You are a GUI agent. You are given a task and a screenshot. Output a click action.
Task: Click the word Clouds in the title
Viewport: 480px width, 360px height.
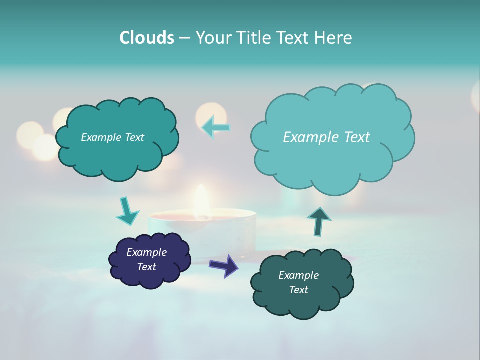(x=146, y=37)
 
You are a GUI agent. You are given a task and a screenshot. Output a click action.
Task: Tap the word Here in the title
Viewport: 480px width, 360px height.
(x=334, y=37)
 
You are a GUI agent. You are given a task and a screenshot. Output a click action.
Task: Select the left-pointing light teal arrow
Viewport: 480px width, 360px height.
(x=216, y=127)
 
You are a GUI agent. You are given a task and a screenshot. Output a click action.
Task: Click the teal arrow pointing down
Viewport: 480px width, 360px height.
(x=127, y=211)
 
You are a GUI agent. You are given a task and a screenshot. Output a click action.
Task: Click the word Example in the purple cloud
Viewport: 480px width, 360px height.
(x=147, y=252)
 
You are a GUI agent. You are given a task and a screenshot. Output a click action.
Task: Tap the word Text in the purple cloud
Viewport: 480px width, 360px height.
(x=147, y=267)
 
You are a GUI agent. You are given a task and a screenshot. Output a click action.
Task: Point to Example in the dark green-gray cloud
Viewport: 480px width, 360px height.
(x=298, y=275)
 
